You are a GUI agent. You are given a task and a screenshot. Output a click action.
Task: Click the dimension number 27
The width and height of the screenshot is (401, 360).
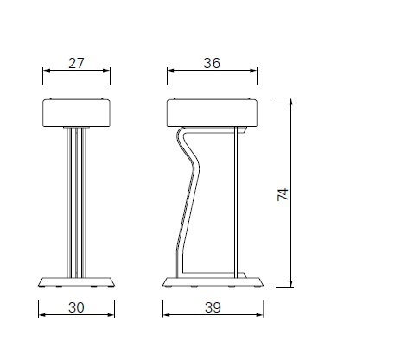click(76, 61)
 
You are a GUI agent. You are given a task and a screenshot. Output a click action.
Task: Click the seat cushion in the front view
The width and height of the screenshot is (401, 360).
click(76, 112)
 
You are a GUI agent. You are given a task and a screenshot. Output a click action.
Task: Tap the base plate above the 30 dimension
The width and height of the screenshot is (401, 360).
click(76, 281)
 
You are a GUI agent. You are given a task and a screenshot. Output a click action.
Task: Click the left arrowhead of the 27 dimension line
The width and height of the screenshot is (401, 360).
click(45, 73)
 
